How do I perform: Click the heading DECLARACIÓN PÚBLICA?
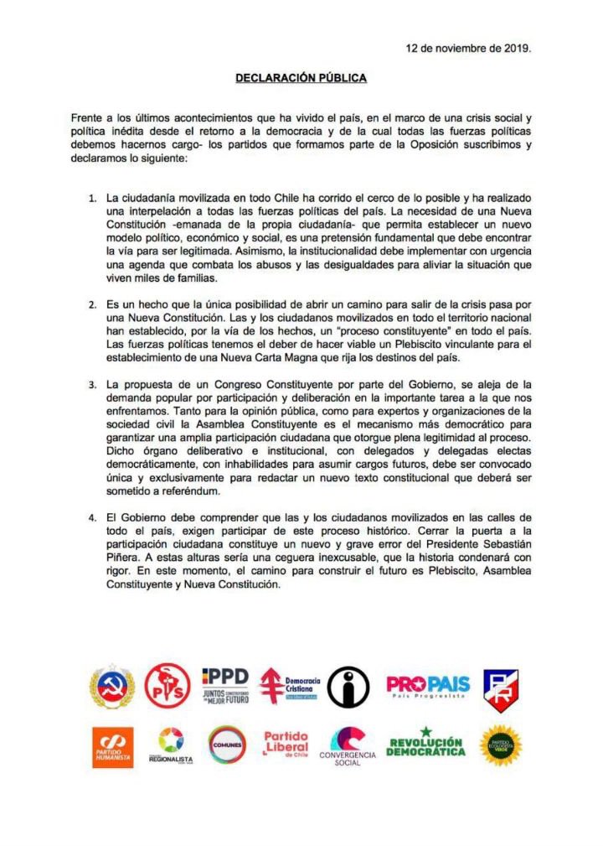[301, 78]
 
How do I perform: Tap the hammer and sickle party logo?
[112, 687]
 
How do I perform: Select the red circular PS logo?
[167, 686]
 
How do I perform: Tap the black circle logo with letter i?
[348, 687]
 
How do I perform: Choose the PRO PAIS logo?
[428, 685]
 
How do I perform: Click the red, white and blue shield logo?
[501, 688]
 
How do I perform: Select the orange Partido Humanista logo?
[112, 745]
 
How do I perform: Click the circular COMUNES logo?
[227, 745]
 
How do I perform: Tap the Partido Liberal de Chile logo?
[286, 744]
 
